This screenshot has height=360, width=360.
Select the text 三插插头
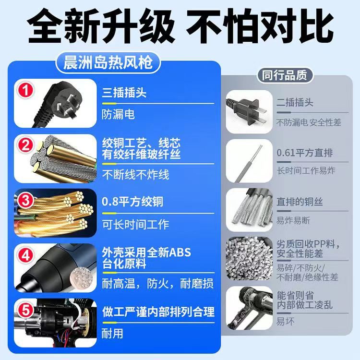tap(124, 93)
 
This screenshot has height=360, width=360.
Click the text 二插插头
tap(295, 102)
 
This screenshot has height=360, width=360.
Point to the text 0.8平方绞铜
tap(133, 201)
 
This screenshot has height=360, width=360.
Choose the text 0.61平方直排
tap(305, 153)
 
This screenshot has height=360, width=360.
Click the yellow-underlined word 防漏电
tap(119, 115)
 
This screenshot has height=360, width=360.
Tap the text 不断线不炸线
tap(136, 174)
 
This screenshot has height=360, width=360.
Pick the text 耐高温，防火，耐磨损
tap(158, 283)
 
